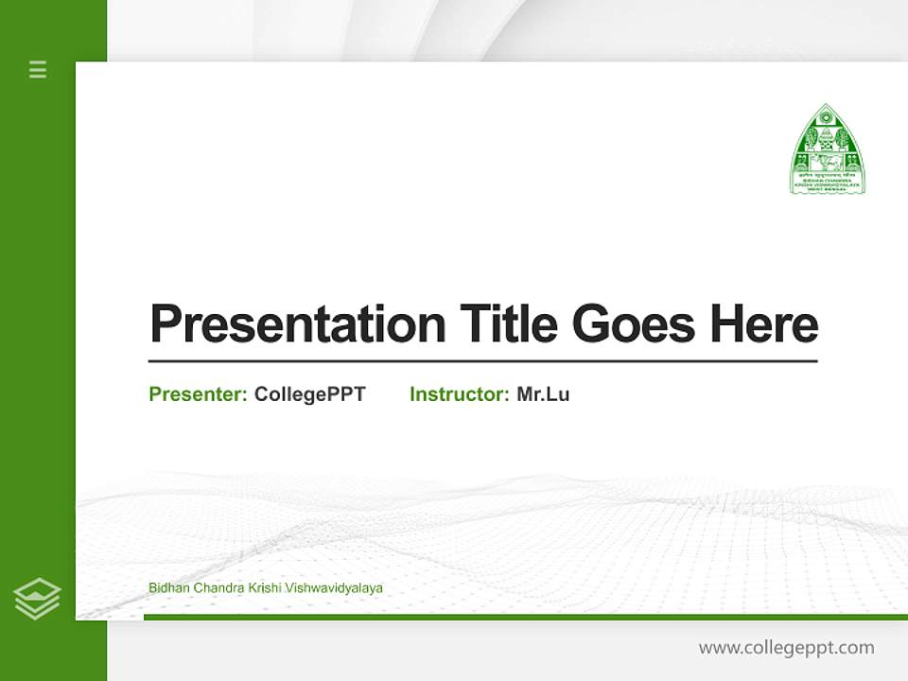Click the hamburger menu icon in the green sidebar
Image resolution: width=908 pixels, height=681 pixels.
pos(38,69)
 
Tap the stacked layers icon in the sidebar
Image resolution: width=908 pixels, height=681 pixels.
pos(37,599)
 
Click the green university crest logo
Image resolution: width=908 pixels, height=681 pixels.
pos(828,149)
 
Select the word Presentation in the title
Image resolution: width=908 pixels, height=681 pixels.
pos(297,324)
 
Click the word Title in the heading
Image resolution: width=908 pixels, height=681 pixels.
pos(508,323)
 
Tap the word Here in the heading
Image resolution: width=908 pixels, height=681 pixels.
pos(763,323)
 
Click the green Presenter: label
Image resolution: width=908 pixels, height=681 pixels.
pos(199,394)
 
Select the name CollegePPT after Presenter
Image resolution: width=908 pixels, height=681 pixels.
pos(309,394)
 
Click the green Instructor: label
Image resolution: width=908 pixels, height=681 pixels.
pos(460,394)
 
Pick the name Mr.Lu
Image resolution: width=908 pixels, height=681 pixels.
pos(543,394)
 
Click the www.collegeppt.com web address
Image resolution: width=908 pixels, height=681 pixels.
pos(786,648)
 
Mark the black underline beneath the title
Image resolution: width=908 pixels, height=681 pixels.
pos(482,360)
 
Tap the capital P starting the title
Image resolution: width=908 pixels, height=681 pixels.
pos(165,324)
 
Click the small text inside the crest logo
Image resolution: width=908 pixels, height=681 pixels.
pos(828,183)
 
